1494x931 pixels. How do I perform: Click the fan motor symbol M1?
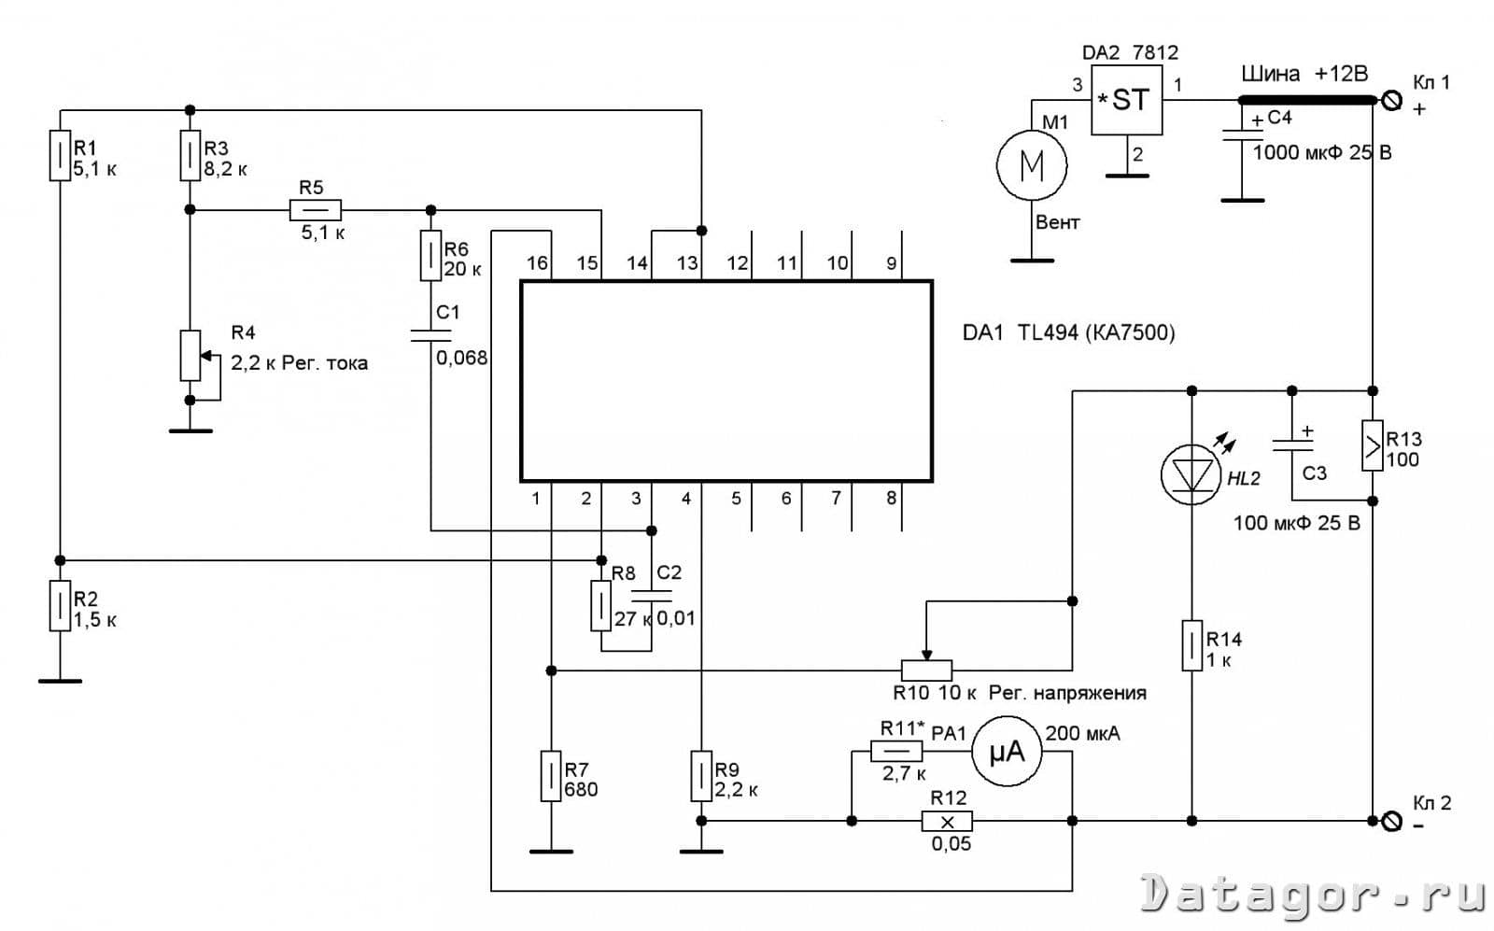click(x=1031, y=165)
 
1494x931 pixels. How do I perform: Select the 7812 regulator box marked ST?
click(x=1126, y=100)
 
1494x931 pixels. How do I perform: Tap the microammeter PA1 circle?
click(x=1007, y=752)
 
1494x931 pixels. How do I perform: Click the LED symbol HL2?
click(x=1191, y=474)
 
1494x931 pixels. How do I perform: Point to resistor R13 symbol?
click(x=1372, y=445)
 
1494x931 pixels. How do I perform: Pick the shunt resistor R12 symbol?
click(x=947, y=821)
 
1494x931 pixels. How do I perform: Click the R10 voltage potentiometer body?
click(x=926, y=670)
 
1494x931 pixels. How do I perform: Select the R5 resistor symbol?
click(x=316, y=210)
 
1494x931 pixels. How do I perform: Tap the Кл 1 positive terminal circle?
click(x=1391, y=101)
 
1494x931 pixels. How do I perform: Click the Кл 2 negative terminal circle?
click(x=1391, y=821)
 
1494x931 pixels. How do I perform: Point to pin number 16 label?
click(x=537, y=262)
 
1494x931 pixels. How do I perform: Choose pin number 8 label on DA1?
click(x=891, y=498)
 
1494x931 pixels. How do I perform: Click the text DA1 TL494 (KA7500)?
click(x=1068, y=332)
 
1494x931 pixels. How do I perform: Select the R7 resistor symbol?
click(x=550, y=776)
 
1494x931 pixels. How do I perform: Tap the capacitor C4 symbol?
click(x=1242, y=135)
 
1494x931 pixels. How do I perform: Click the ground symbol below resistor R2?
click(x=60, y=681)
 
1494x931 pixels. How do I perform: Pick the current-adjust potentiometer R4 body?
click(x=190, y=356)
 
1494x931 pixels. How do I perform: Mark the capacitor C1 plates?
click(x=430, y=335)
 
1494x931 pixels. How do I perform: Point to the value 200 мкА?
click(x=1082, y=734)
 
